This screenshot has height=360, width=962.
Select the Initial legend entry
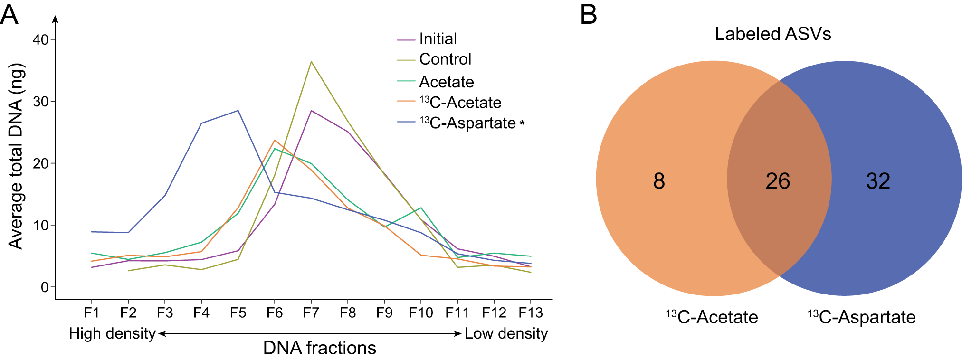click(x=437, y=39)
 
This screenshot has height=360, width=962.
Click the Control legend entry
click(x=445, y=59)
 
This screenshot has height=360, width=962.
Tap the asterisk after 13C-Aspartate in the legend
click(x=522, y=124)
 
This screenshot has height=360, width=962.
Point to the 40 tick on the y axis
click(x=40, y=39)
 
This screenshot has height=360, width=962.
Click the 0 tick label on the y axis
click(x=45, y=287)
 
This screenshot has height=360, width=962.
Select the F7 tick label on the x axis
click(x=311, y=313)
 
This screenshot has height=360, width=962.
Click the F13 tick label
click(x=530, y=313)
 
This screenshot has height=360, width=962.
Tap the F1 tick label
click(x=91, y=313)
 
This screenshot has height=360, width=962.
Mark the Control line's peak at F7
click(x=311, y=62)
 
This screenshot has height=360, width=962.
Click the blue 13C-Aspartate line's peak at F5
click(x=238, y=111)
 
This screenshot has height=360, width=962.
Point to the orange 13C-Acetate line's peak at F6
click(x=275, y=140)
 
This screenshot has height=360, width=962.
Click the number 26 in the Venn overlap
click(x=778, y=181)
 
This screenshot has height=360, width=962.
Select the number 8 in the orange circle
click(x=659, y=181)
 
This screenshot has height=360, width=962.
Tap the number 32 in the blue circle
click(x=878, y=181)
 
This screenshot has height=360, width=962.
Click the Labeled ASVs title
click(x=772, y=34)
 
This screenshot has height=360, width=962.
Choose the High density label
click(x=112, y=333)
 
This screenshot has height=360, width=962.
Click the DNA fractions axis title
click(x=319, y=348)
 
